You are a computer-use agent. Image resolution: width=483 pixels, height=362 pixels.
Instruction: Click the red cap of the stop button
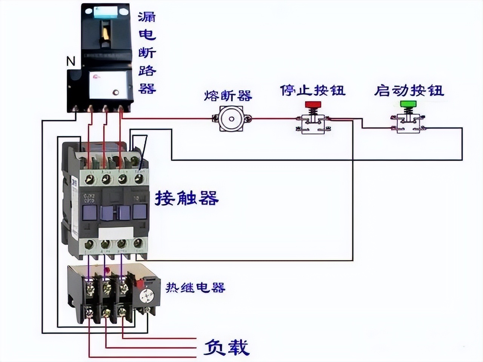[312, 104]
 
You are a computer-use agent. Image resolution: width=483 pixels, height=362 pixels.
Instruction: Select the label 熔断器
[228, 96]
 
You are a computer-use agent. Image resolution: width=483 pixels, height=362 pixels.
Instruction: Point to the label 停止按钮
[312, 90]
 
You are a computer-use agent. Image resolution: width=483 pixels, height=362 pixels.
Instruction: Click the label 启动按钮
[409, 90]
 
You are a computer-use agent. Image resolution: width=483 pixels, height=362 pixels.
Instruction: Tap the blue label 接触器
[187, 198]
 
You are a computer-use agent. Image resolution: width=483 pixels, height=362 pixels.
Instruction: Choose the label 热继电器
[195, 288]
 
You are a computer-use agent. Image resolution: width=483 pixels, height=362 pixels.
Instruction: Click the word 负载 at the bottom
[226, 347]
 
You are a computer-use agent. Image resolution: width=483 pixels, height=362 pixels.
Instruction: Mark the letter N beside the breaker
[71, 61]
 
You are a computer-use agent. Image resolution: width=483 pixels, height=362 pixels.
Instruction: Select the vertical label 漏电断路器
[147, 53]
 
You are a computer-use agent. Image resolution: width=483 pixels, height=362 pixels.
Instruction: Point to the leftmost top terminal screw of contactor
[90, 179]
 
